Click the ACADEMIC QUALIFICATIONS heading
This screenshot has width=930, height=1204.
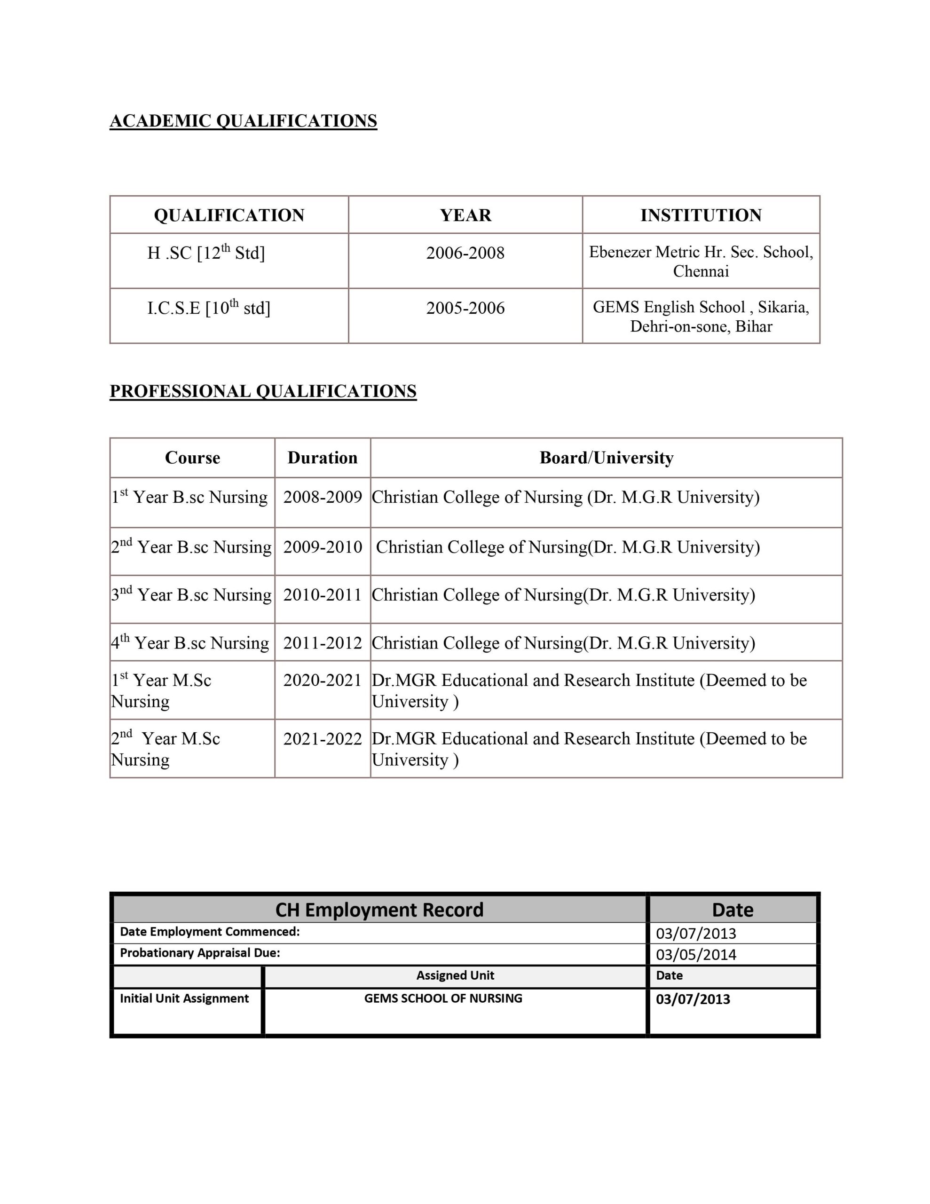[243, 121]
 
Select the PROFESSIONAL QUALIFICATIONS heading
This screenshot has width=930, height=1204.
[263, 391]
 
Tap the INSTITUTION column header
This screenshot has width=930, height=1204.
[701, 215]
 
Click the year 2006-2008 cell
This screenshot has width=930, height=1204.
[465, 253]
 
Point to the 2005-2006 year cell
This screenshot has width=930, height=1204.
[465, 308]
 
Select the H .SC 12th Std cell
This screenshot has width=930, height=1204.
[206, 253]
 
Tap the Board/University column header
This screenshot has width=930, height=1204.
[607, 458]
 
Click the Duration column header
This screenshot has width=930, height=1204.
[323, 458]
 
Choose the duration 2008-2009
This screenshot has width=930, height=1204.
[323, 497]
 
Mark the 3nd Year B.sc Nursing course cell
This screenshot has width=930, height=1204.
[191, 595]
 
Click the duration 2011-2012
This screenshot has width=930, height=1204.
[323, 643]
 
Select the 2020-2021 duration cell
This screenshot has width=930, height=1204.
[323, 680]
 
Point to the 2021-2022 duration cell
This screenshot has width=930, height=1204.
[323, 739]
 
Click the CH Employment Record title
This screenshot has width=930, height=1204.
[379, 910]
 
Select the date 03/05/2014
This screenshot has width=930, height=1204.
[696, 955]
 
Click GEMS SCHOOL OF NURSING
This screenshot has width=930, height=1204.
[443, 998]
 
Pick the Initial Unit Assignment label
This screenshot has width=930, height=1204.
[184, 998]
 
